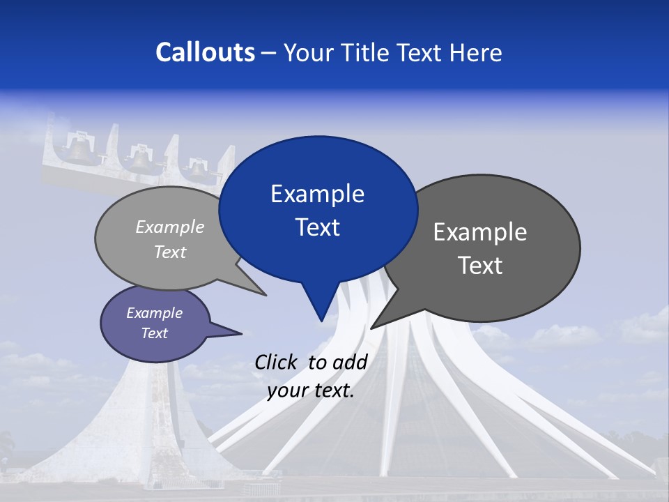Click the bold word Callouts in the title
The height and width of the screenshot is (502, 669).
205,52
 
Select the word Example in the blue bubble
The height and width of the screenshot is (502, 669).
317,194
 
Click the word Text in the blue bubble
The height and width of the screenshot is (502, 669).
317,227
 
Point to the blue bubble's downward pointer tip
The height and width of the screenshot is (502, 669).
321,321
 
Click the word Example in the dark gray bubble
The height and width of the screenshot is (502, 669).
480,232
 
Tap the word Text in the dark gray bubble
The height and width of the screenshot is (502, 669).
480,266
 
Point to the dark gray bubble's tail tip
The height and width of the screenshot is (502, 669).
371,328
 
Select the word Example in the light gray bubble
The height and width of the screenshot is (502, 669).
170,227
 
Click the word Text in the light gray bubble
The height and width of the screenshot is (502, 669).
170,252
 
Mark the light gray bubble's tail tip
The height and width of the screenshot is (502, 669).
266,296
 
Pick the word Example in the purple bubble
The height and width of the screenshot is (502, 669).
154,313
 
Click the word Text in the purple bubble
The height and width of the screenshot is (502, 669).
154,333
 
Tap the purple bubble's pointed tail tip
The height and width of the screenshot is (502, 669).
242,333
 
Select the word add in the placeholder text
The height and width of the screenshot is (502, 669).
350,362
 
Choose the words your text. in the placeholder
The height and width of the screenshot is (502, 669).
311,390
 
